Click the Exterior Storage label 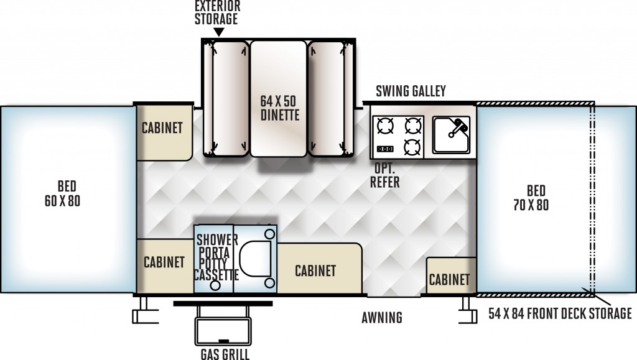217,12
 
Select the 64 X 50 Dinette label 279,108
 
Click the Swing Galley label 411,91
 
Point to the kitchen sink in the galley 451,135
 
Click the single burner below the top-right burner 412,147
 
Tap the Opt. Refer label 384,175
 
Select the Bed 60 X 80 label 63,193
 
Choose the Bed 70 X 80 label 531,198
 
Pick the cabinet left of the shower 165,266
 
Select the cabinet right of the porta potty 319,268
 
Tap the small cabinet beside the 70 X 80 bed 451,275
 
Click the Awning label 382,317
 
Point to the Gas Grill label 225,354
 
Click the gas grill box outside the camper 223,331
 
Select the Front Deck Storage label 560,313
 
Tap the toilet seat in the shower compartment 255,258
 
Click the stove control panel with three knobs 384,149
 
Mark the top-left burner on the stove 385,126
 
